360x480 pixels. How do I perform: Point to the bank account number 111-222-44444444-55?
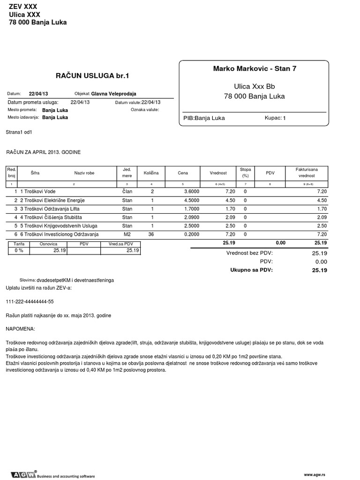pos(30,302)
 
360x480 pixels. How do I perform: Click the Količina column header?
pos(151,173)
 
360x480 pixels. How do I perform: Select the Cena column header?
pos(183,173)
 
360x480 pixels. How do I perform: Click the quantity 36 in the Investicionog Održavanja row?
pos(151,234)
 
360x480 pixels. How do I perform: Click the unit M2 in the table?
pos(127,234)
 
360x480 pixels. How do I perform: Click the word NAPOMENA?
pos(21,330)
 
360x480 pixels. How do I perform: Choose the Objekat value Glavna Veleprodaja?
pos(114,94)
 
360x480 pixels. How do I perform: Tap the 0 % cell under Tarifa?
pos(18,251)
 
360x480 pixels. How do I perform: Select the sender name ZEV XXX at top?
pos(23,6)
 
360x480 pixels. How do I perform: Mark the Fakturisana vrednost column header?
pos(307,172)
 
